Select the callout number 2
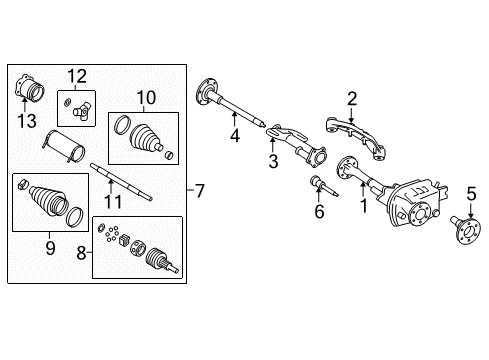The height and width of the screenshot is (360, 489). (351, 97)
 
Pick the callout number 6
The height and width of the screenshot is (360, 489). (319, 212)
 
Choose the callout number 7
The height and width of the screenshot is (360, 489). (199, 189)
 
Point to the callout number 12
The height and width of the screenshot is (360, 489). (78, 75)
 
